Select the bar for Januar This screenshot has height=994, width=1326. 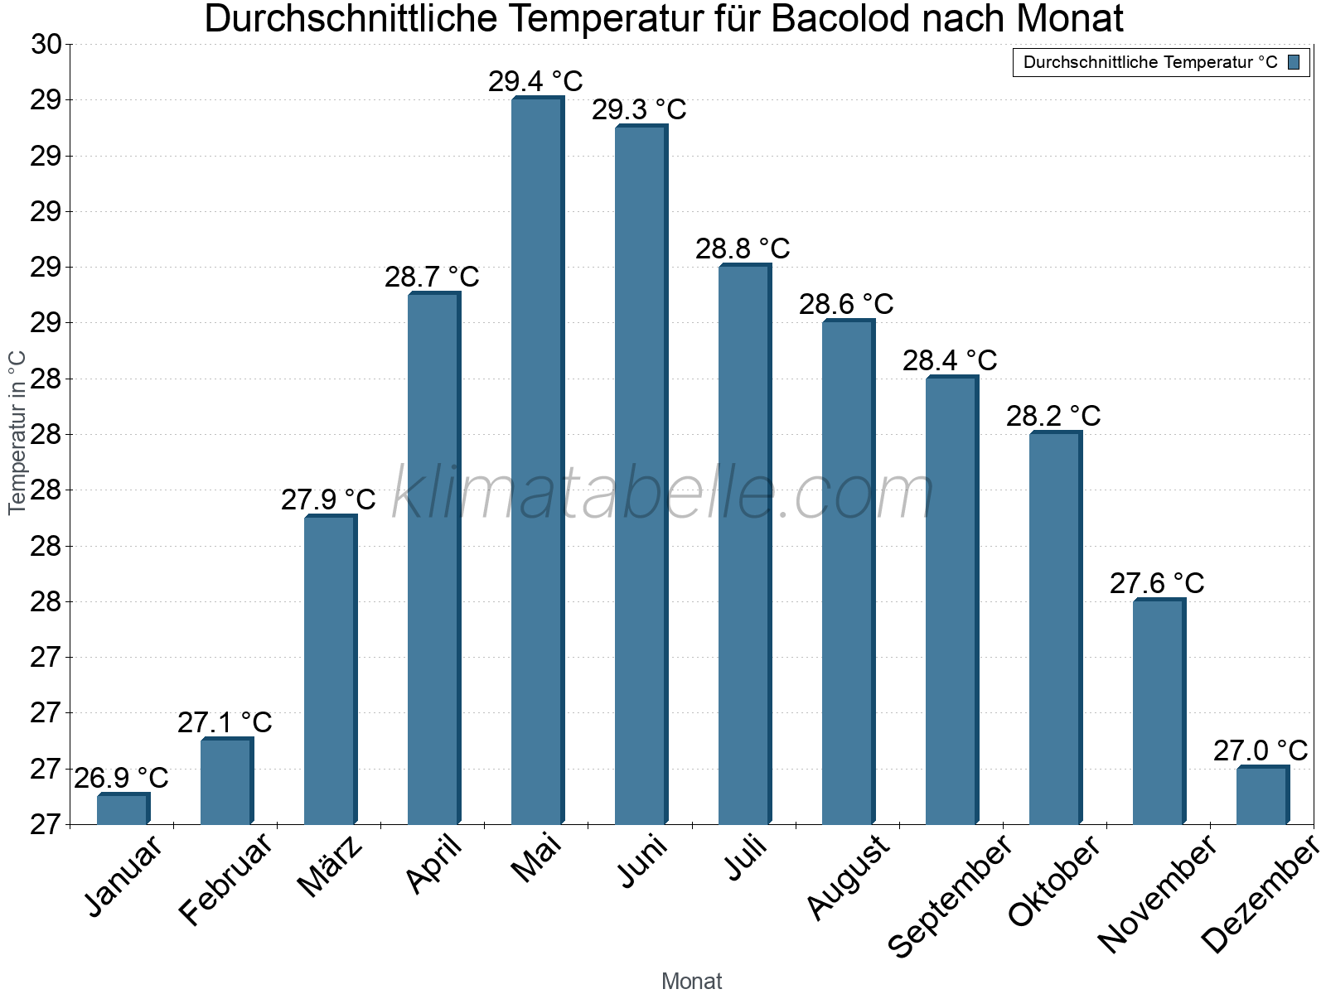(x=123, y=809)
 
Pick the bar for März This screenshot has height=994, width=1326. (x=330, y=670)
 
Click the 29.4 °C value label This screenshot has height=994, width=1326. (x=535, y=82)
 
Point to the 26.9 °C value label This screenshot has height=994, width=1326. (x=121, y=779)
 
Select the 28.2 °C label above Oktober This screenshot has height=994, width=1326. (x=1053, y=416)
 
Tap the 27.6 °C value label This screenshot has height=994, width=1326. (x=1157, y=583)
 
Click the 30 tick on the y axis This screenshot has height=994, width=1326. (x=46, y=45)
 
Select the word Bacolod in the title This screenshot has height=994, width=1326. (x=841, y=19)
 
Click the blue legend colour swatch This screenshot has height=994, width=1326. (x=1294, y=62)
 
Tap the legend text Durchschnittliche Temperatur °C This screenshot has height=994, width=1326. (x=1150, y=62)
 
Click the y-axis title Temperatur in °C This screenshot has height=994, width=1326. (x=17, y=432)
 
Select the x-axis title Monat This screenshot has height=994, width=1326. (x=691, y=981)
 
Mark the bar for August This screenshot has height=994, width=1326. (x=848, y=572)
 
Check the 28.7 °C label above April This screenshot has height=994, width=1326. (x=432, y=277)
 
